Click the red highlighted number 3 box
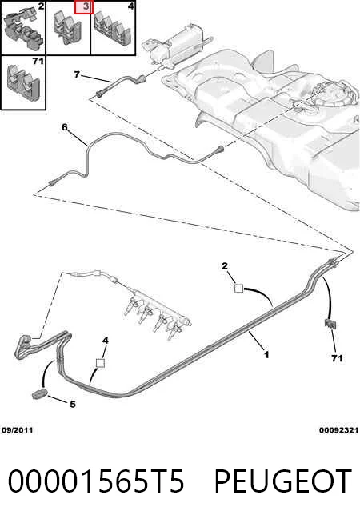pyautogui.click(x=83, y=7)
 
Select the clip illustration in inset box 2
pyautogui.click(x=24, y=29)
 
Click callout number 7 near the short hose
pyautogui.click(x=77, y=74)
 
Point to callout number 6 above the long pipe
pyautogui.click(x=64, y=127)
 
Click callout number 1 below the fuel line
pyautogui.click(x=266, y=354)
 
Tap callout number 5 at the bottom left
pyautogui.click(x=73, y=405)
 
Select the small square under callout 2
pyautogui.click(x=238, y=288)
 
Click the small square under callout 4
pyautogui.click(x=100, y=363)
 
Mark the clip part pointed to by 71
pyautogui.click(x=330, y=324)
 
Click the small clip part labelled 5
pyautogui.click(x=39, y=394)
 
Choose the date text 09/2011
pyautogui.click(x=18, y=430)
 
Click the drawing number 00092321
pyautogui.click(x=338, y=430)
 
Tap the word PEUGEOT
pyautogui.click(x=282, y=481)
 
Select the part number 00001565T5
pyautogui.click(x=96, y=481)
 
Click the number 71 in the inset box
pyautogui.click(x=38, y=62)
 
